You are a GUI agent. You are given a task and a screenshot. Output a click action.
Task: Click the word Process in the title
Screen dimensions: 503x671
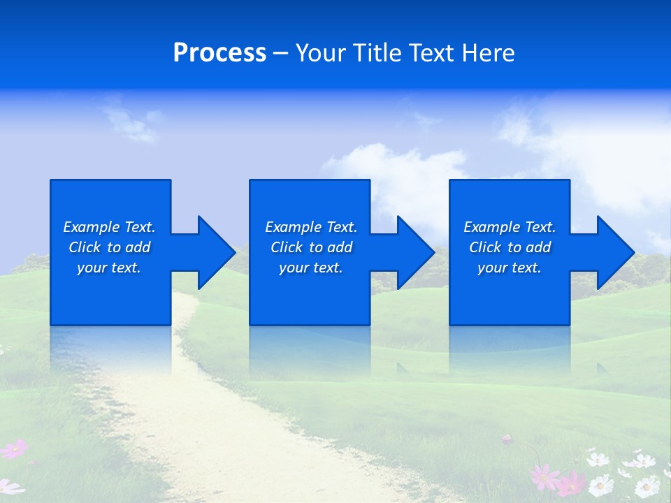[x=219, y=53]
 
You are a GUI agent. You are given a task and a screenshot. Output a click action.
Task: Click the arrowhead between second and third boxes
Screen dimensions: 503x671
[x=412, y=252]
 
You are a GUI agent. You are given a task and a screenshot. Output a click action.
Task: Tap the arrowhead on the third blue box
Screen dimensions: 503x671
[x=612, y=252]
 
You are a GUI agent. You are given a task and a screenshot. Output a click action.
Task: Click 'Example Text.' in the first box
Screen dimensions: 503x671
[x=109, y=227]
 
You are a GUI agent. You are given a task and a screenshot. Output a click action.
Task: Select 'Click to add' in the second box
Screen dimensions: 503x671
[x=311, y=247]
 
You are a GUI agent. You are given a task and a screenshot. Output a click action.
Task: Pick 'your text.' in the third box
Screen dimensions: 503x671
[x=509, y=268]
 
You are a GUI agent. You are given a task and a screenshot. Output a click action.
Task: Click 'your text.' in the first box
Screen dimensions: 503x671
[x=109, y=268]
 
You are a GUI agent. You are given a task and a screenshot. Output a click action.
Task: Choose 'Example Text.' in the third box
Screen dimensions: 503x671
[x=510, y=227]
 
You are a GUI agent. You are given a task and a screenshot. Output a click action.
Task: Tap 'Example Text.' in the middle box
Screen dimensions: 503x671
[x=311, y=227]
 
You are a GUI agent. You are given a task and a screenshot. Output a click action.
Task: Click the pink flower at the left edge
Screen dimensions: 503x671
[x=14, y=449]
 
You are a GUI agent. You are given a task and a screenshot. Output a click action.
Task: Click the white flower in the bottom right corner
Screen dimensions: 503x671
[x=647, y=486]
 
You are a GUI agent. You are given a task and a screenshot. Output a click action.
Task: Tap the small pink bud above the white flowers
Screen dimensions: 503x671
[x=507, y=439]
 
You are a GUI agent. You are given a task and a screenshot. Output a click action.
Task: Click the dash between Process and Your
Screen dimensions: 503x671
[x=280, y=53]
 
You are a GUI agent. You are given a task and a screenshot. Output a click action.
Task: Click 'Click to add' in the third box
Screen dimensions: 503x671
[x=510, y=247]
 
